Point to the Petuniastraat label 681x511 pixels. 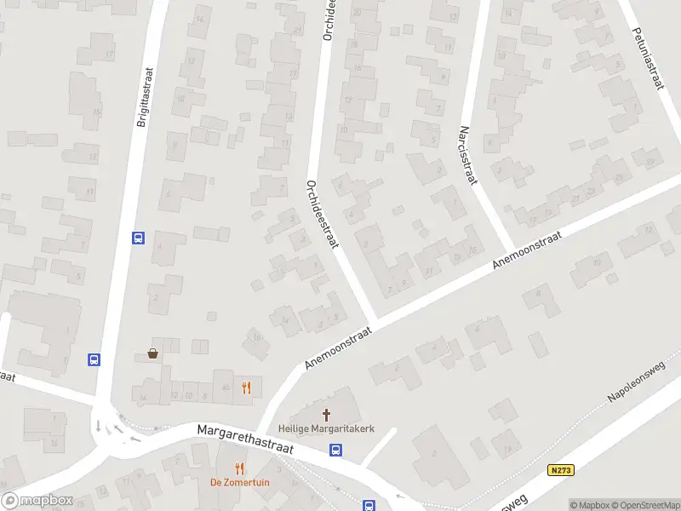[648, 58]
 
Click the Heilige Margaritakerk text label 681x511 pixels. [326, 429]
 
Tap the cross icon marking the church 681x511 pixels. [326, 415]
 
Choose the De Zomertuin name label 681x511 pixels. [240, 482]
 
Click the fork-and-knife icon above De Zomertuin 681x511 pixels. [240, 468]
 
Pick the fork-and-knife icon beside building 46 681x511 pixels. [247, 388]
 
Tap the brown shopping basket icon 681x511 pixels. [153, 353]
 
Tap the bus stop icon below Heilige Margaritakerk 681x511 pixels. [336, 451]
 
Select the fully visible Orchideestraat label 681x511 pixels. [322, 215]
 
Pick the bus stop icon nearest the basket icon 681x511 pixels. [94, 359]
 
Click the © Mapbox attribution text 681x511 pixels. [587, 505]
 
